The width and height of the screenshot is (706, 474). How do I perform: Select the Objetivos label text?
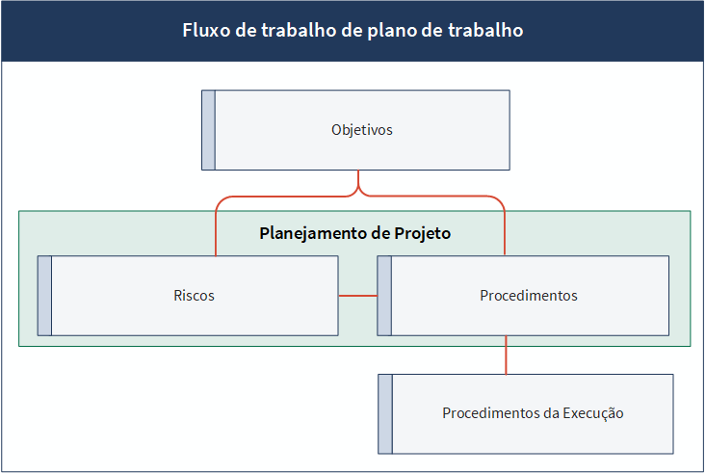[x=362, y=130]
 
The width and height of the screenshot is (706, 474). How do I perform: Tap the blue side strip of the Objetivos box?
[x=208, y=130]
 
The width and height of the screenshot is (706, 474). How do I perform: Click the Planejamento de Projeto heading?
[x=354, y=233]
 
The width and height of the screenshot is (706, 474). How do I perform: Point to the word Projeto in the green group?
[x=422, y=233]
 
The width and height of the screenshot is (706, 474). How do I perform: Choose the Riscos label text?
[x=194, y=296]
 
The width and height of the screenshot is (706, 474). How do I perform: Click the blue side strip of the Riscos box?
[x=44, y=296]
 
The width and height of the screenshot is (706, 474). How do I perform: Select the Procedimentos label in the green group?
[x=529, y=296]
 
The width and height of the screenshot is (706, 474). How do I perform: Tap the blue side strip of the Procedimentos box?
[x=384, y=296]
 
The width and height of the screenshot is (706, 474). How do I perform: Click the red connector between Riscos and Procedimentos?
[x=358, y=296]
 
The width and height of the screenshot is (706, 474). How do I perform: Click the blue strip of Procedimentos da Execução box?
[x=385, y=413]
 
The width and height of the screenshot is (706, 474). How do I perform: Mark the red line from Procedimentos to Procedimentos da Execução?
[x=506, y=355]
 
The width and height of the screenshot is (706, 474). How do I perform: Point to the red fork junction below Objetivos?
[x=358, y=190]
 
